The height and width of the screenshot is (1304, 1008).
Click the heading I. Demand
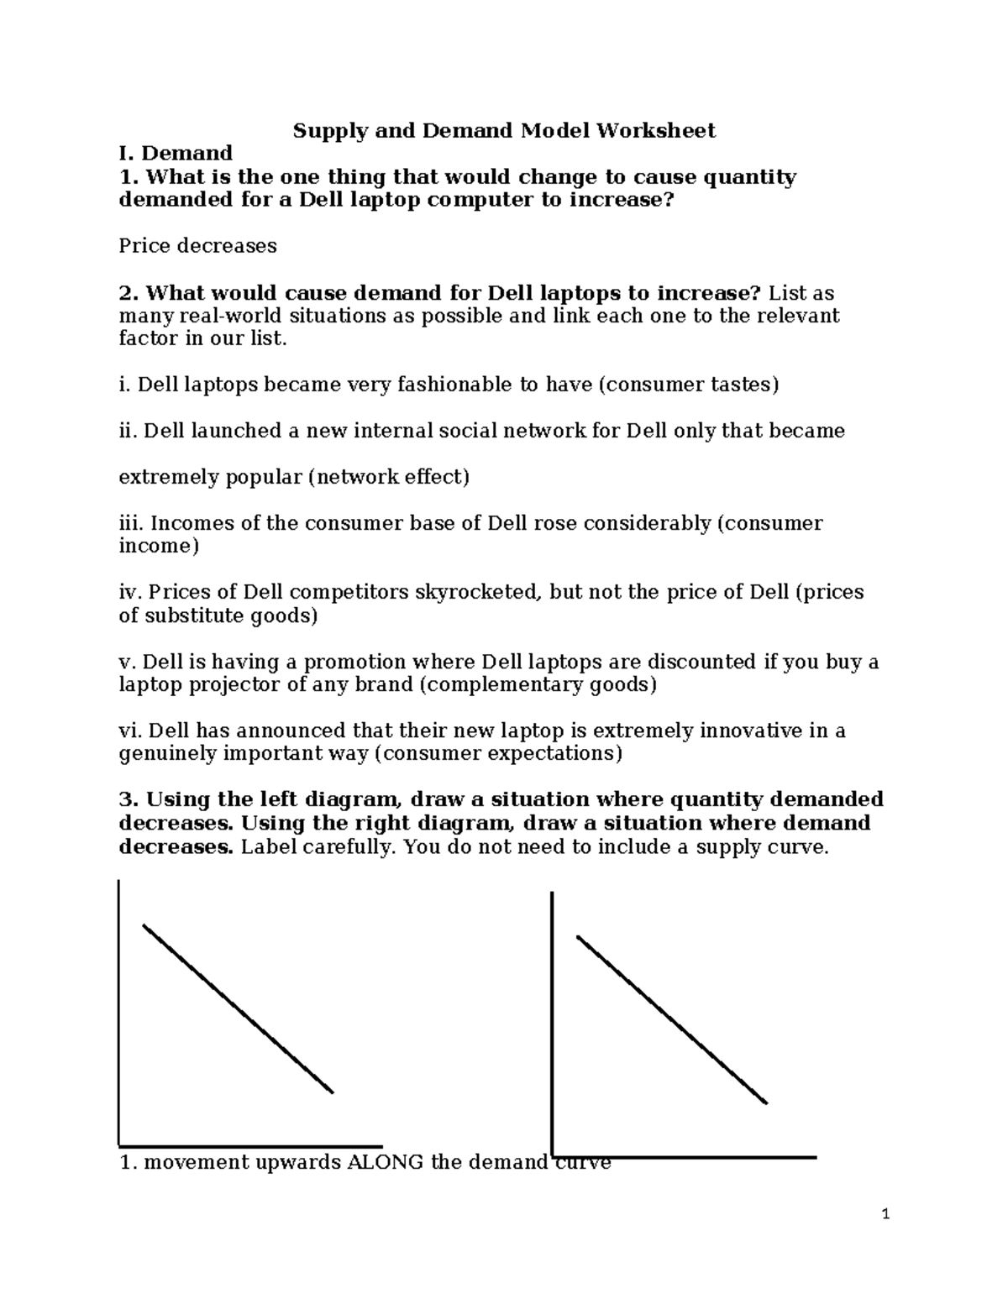176,154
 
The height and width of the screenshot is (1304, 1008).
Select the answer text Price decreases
197,246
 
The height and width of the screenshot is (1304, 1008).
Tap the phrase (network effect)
388,478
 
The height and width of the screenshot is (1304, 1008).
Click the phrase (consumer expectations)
498,754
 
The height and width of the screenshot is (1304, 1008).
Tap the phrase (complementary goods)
538,685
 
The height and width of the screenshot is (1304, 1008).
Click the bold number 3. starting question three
129,799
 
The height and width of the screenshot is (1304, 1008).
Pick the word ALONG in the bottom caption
385,1163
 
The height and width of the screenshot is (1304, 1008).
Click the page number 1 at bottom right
885,1214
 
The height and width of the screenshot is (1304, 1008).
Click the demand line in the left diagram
238,1008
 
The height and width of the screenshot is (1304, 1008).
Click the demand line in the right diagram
672,1019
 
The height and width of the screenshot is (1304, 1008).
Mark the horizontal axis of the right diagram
685,1158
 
